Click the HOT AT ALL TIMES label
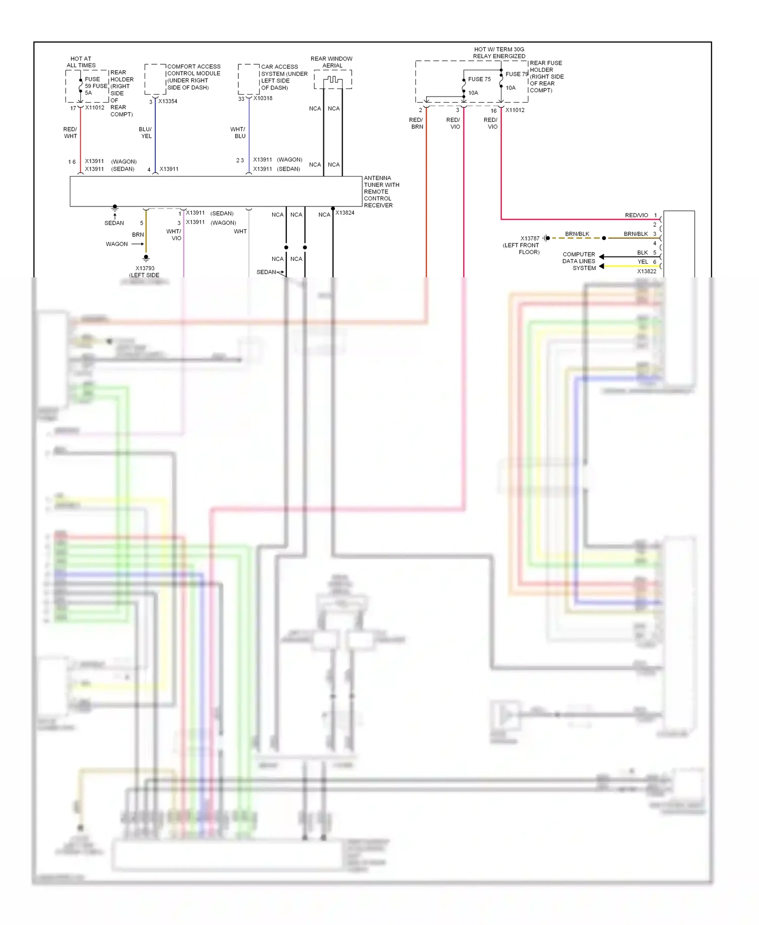click(x=81, y=62)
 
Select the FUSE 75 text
click(x=479, y=79)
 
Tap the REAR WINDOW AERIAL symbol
click(x=332, y=80)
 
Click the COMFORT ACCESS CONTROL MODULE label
click(x=193, y=77)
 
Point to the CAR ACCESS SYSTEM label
click(x=284, y=77)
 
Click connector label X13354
click(x=167, y=101)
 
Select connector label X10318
click(x=263, y=98)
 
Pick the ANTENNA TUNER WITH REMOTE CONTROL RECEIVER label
click(x=381, y=192)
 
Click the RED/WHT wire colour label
click(x=70, y=133)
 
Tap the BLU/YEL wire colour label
click(x=146, y=133)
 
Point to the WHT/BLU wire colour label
click(x=238, y=133)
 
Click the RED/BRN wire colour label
click(x=416, y=123)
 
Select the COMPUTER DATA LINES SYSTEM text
click(x=579, y=261)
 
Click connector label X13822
click(x=646, y=272)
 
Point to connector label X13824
click(x=345, y=213)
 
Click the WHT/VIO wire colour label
click(x=174, y=235)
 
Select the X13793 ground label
click(x=145, y=269)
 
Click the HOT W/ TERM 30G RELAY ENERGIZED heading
click(x=499, y=53)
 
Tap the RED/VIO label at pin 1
click(x=636, y=216)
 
